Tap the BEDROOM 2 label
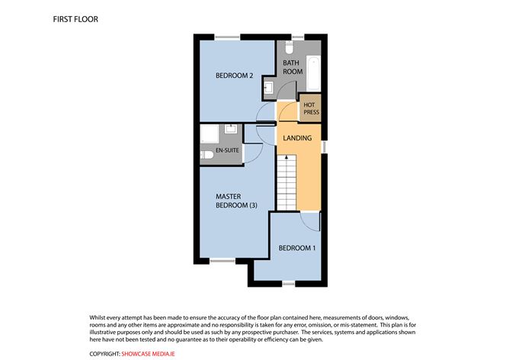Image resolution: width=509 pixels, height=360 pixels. click(234, 75)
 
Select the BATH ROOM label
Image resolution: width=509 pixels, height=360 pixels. click(293, 67)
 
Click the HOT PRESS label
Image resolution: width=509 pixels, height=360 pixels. click(311, 108)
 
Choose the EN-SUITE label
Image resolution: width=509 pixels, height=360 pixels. click(228, 151)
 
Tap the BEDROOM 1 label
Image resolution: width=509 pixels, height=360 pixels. click(296, 249)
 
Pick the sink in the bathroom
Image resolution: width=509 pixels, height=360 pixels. click(269, 88)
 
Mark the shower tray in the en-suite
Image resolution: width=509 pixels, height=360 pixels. click(209, 134)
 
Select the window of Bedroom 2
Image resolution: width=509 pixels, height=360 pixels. click(226, 37)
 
